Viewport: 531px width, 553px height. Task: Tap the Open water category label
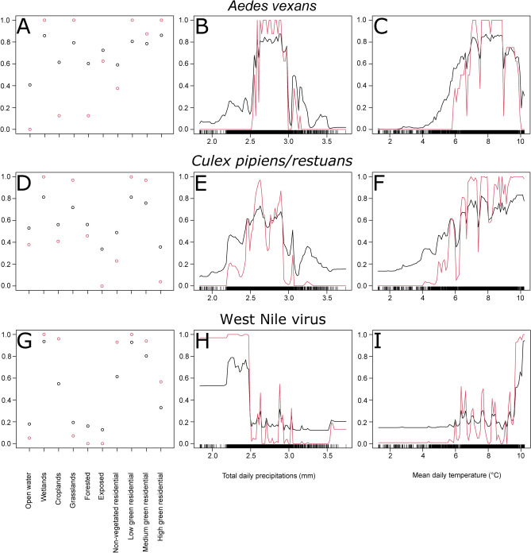point(30,503)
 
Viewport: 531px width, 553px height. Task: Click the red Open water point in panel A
point(30,129)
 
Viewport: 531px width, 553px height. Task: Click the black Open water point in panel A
point(30,85)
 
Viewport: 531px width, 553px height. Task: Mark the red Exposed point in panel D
point(102,285)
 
